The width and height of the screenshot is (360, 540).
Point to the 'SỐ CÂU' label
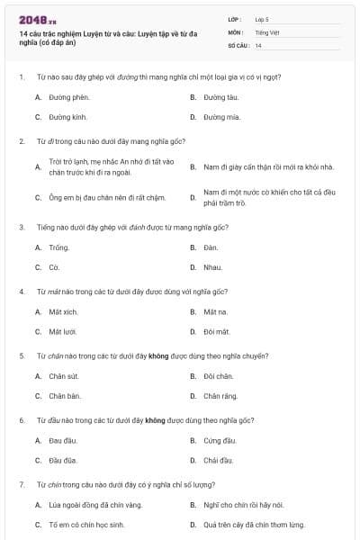[x=238, y=45]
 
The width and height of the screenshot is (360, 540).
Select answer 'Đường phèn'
[x=69, y=96]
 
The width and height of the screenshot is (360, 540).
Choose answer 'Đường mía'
[x=221, y=117]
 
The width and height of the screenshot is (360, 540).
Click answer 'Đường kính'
[x=68, y=117]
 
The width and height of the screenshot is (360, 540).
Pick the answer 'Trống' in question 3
[x=58, y=247]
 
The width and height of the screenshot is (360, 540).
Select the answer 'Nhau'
[x=212, y=267]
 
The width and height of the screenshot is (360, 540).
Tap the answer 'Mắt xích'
[x=63, y=311]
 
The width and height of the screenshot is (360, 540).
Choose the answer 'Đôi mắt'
[x=216, y=332]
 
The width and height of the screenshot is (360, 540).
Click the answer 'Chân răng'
[x=219, y=397]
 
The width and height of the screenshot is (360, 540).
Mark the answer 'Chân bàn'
[x=65, y=397]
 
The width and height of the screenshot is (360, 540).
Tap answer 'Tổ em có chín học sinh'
[x=86, y=525]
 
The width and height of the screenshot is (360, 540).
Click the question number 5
[x=21, y=355]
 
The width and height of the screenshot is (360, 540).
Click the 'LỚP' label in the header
[x=235, y=18]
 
